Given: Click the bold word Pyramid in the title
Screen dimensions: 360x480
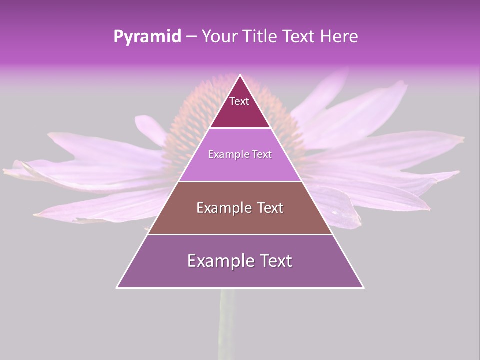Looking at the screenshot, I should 147,37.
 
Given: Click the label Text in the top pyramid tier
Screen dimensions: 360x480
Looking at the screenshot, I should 239,101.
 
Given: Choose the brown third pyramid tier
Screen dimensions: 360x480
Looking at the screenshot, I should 240,222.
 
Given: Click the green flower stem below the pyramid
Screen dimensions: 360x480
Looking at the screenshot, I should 227,325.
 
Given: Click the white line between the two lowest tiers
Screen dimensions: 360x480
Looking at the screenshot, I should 240,234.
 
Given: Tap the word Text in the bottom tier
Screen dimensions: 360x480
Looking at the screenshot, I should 275,261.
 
